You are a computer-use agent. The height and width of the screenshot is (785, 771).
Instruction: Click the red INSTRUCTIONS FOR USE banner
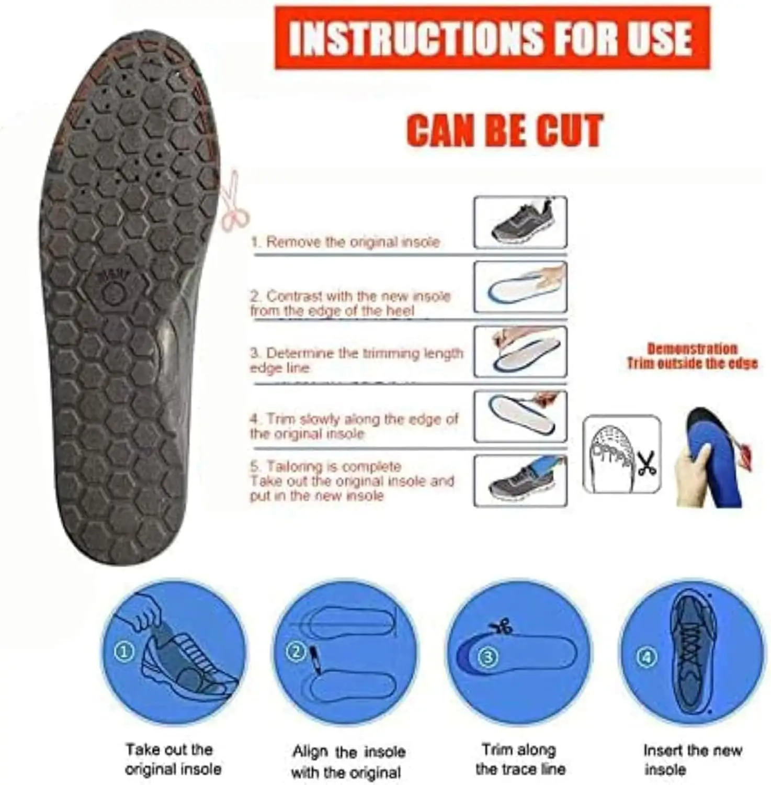(492, 38)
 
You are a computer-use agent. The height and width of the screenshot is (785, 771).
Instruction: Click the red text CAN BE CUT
(505, 130)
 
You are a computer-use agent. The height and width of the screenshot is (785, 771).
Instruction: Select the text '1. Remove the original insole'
(345, 242)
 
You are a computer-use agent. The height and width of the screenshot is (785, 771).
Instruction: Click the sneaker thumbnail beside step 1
(520, 222)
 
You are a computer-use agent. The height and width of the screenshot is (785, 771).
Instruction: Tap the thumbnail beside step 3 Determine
(520, 352)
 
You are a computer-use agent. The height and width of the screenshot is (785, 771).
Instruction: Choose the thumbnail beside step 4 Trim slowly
(520, 417)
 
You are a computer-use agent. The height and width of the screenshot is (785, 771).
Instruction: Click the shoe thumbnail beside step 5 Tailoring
(520, 480)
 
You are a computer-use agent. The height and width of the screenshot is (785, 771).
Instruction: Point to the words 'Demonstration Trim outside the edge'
(692, 356)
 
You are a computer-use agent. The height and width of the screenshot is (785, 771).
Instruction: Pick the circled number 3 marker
(487, 657)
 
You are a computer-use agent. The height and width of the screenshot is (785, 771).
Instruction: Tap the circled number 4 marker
(648, 657)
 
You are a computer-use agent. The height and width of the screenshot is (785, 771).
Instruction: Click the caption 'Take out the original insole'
(173, 759)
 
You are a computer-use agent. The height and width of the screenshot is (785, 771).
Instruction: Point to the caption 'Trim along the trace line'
(520, 759)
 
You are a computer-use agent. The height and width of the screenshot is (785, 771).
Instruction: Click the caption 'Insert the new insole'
(693, 760)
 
